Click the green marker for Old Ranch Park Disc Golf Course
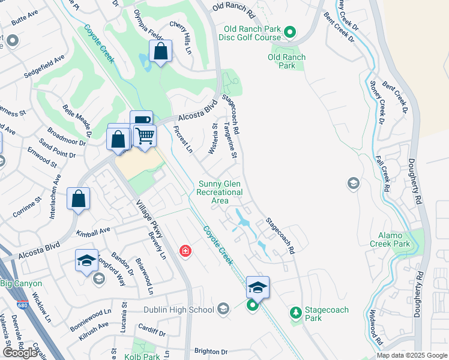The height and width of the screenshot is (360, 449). coord(289,32)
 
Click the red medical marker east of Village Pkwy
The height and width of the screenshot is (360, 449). coord(185,250)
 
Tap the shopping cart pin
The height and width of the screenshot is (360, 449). coord(145,136)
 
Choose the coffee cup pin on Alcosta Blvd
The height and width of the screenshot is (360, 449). coord(141,121)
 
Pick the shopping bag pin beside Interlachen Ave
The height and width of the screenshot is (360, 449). coord(78,199)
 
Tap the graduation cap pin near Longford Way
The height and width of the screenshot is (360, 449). coord(86,261)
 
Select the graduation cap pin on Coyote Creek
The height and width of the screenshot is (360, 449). coord(258,287)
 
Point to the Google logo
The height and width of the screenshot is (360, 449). coord(20,353)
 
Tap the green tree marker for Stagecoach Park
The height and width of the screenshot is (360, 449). coord(295,312)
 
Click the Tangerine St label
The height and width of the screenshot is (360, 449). coord(231,139)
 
